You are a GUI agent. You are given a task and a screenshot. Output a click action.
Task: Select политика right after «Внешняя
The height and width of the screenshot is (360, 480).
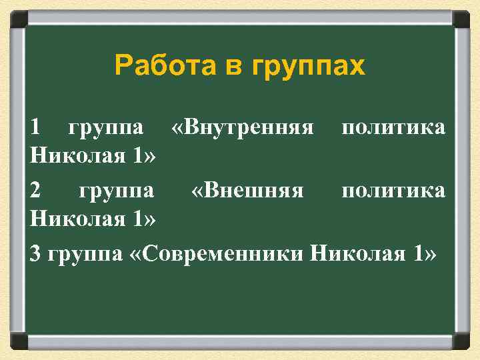click(x=393, y=191)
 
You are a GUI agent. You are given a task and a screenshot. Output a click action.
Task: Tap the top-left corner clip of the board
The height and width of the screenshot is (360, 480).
click(x=18, y=18)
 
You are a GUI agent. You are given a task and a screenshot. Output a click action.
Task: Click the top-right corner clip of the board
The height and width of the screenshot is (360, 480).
click(x=461, y=18)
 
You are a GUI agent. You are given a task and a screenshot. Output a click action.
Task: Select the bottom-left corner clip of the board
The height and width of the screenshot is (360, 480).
click(x=18, y=342)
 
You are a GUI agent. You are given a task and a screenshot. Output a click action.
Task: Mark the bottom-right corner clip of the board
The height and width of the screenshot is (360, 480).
click(x=461, y=342)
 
